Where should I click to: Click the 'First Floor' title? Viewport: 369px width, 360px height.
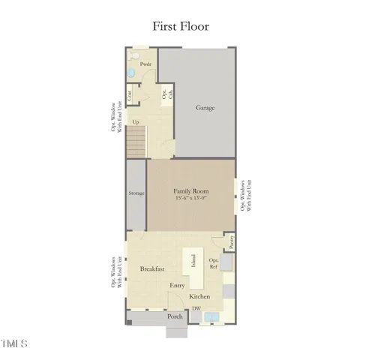point(181,26)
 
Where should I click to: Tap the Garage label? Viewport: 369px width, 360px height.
point(205,108)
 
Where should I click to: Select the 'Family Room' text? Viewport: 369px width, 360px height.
point(191,191)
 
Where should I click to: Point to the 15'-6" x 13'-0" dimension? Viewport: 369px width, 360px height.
point(191,199)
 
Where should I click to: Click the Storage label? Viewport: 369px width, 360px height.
point(136,193)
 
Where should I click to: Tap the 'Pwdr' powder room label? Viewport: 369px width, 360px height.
point(146,64)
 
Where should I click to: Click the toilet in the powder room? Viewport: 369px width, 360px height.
point(135,55)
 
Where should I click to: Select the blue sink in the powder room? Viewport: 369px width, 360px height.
point(130,72)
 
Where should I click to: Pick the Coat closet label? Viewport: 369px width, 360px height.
point(130,94)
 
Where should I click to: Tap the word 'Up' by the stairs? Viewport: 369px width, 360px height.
point(136,121)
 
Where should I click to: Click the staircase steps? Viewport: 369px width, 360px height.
point(135,141)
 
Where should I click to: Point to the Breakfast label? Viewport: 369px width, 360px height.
point(153,268)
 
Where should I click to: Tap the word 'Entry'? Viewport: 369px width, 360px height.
point(178,285)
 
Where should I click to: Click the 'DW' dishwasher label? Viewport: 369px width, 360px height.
point(196,308)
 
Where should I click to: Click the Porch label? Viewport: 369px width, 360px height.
point(175,317)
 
